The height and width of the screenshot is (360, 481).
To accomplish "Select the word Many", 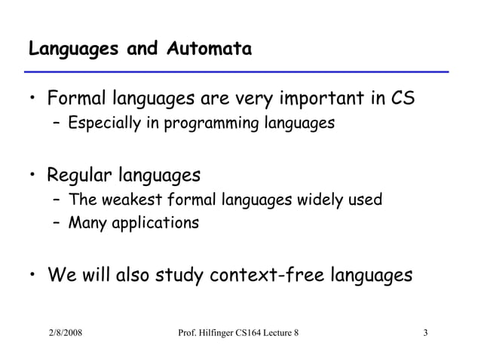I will (x=86, y=224).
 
